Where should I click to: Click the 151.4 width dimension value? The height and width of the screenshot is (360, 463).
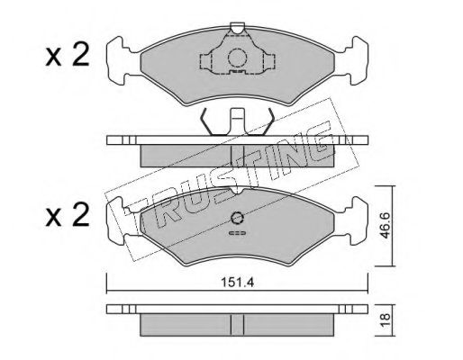pos(238,283)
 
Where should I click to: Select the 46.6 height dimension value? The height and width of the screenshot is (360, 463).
pos(385,225)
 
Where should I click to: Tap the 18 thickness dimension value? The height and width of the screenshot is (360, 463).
pos(385,320)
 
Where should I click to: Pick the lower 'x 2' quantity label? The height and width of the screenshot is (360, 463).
pos(68,214)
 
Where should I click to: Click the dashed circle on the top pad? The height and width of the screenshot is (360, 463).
pos(237,58)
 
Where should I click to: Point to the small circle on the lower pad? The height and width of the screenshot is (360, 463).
pos(237,218)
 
